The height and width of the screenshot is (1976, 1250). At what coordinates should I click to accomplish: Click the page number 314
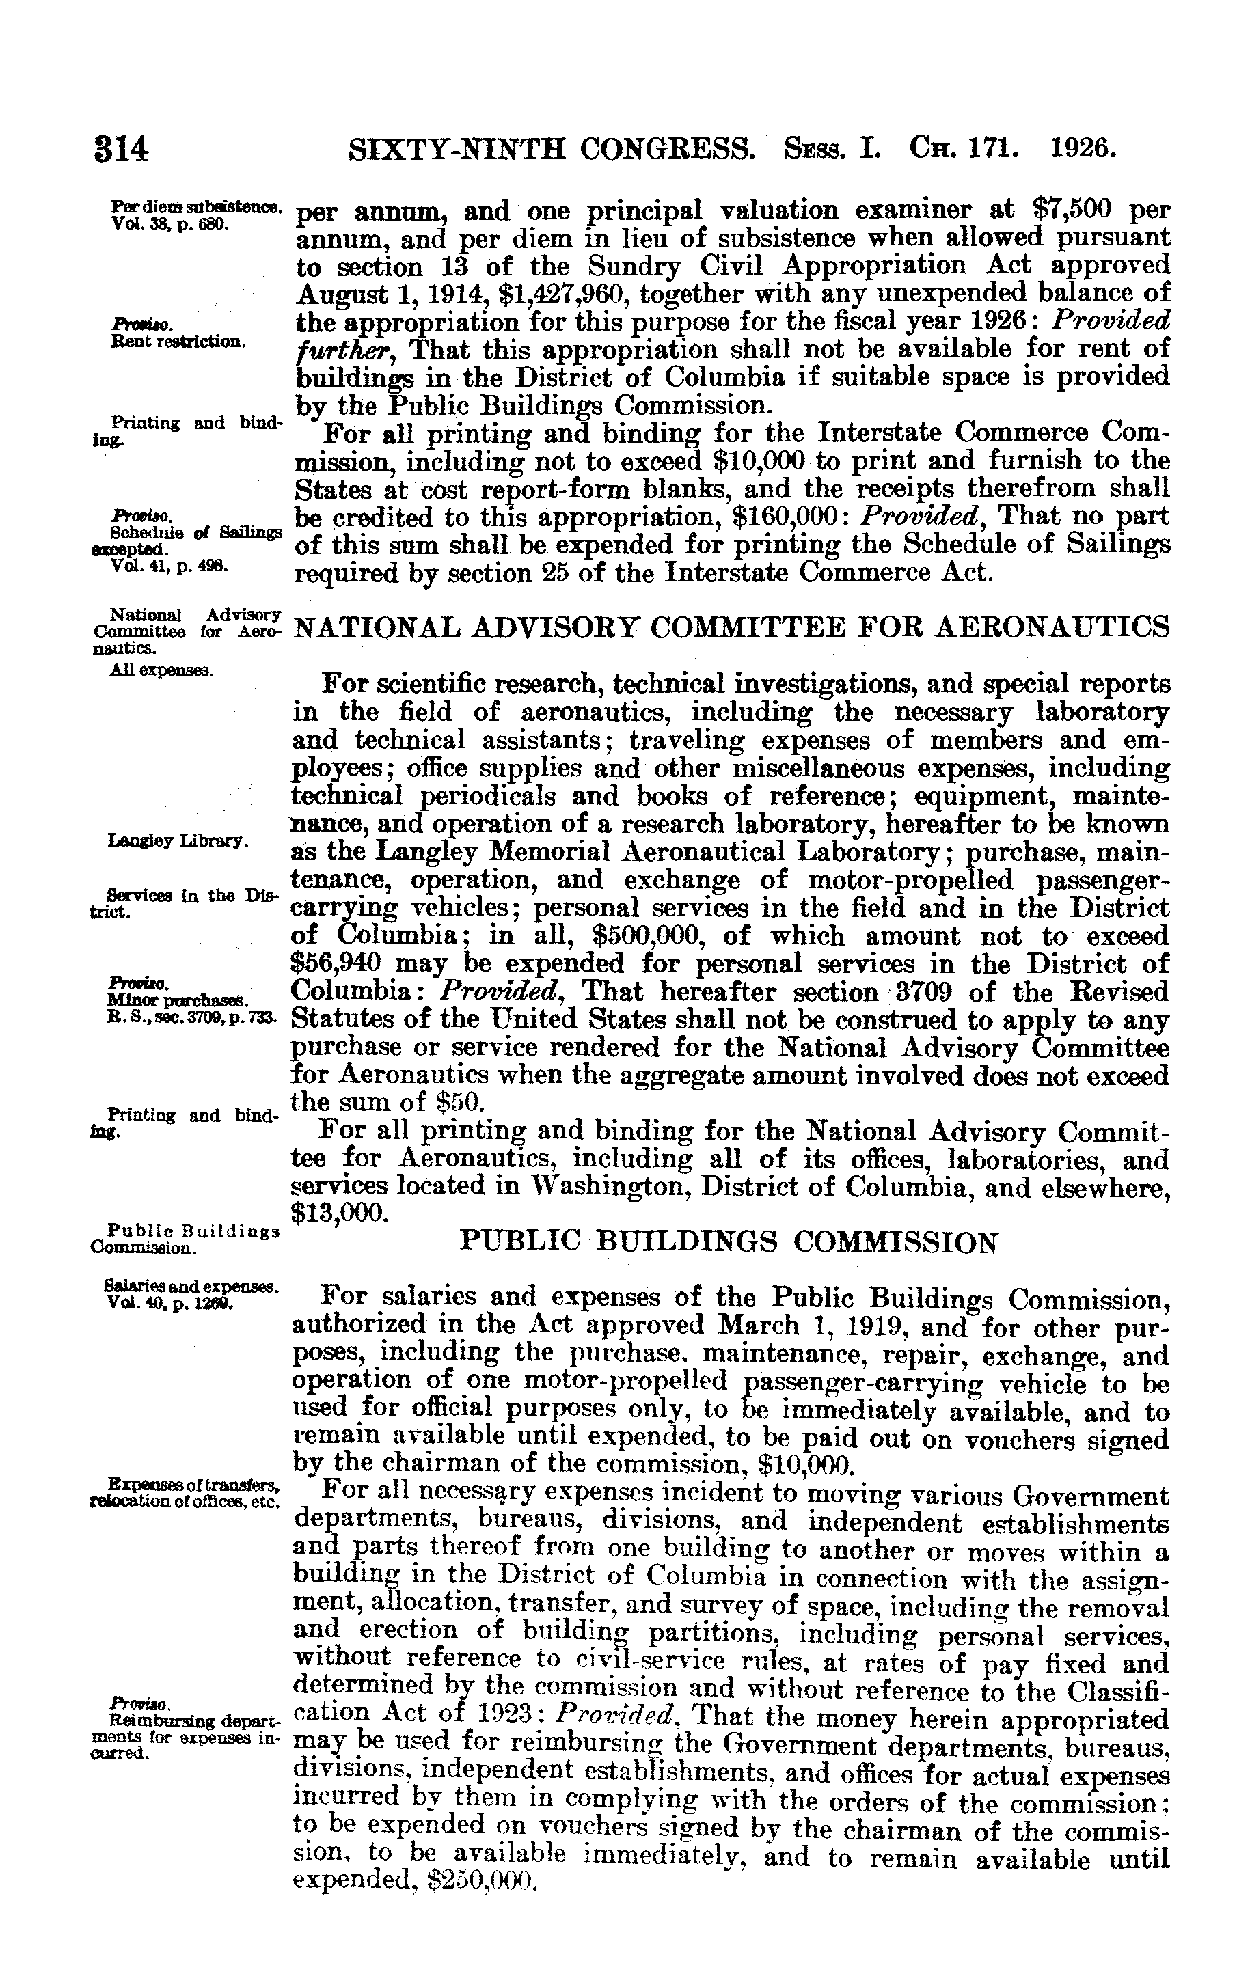pyautogui.click(x=121, y=150)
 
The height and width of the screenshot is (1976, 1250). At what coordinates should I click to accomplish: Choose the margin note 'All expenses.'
pyautogui.click(x=162, y=670)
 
